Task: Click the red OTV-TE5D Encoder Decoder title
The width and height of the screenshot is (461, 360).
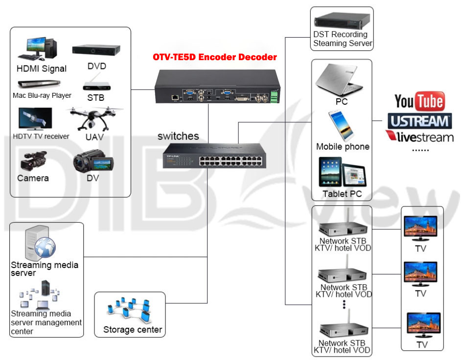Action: click(215, 57)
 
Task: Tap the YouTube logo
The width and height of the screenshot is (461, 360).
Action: click(419, 101)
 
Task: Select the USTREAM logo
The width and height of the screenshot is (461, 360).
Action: click(419, 121)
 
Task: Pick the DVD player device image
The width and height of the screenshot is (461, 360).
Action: click(96, 49)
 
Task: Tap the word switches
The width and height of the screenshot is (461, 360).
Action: click(178, 136)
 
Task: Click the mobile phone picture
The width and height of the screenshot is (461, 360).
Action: click(341, 125)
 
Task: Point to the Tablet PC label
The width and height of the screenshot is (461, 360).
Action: click(342, 194)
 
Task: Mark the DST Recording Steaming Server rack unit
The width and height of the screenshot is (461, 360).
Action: click(342, 21)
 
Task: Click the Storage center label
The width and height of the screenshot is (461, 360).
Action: click(132, 330)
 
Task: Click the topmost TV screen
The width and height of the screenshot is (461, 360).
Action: click(420, 227)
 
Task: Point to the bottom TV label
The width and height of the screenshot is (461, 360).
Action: click(422, 345)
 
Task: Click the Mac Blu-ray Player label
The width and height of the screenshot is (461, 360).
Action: click(42, 95)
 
